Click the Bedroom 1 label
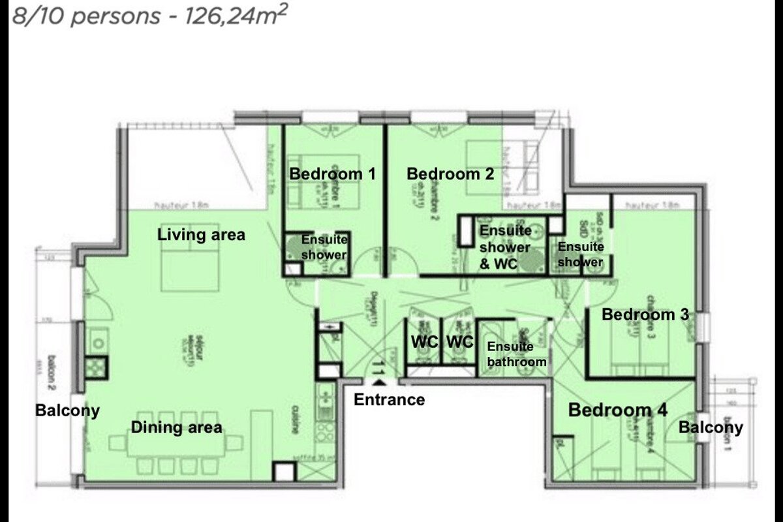coord(333,174)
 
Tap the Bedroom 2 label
coord(450,174)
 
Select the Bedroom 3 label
coord(645,315)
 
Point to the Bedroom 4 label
coord(618,410)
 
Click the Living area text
coord(202,234)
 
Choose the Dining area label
coord(177,428)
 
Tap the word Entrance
coord(389,399)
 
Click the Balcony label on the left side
coord(68,410)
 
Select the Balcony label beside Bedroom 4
coord(711,427)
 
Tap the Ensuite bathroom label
coord(516,354)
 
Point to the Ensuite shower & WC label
coord(505,247)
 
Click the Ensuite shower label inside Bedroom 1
coord(324,247)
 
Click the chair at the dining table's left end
coord(117,443)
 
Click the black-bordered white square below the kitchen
coord(284,472)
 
